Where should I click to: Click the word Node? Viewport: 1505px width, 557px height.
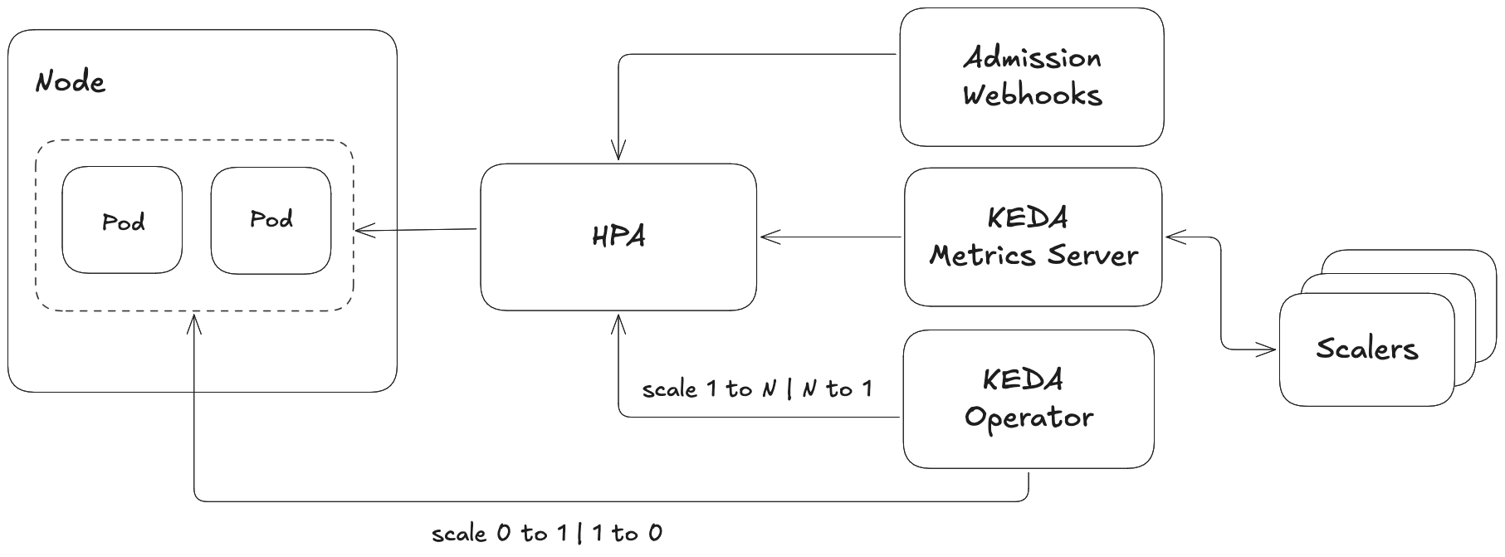point(71,82)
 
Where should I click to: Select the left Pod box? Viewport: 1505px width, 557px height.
point(122,220)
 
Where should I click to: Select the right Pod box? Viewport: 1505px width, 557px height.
point(271,220)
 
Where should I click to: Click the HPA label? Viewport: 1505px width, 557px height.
point(618,237)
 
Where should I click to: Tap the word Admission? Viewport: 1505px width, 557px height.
point(1032,58)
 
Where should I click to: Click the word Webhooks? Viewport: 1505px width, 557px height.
point(1032,95)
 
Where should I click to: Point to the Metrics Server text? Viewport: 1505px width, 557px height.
point(1033,255)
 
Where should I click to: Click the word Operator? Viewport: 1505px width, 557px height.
point(1029,417)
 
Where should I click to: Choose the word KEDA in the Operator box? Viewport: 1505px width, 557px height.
point(1023,379)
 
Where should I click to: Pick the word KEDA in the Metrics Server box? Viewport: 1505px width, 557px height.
point(1028,218)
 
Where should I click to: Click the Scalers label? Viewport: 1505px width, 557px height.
point(1366,349)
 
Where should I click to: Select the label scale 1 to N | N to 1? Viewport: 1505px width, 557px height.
point(757,388)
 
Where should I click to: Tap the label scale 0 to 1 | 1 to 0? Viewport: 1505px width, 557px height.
point(547,533)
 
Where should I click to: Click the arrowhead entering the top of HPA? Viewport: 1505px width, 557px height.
point(618,154)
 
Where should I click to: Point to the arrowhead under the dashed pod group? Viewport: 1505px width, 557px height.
point(194,320)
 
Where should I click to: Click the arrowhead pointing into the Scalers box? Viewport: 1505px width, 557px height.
point(1269,349)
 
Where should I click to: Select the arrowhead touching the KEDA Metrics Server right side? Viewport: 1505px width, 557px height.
point(1172,237)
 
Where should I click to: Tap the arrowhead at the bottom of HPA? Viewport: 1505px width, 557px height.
point(618,320)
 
